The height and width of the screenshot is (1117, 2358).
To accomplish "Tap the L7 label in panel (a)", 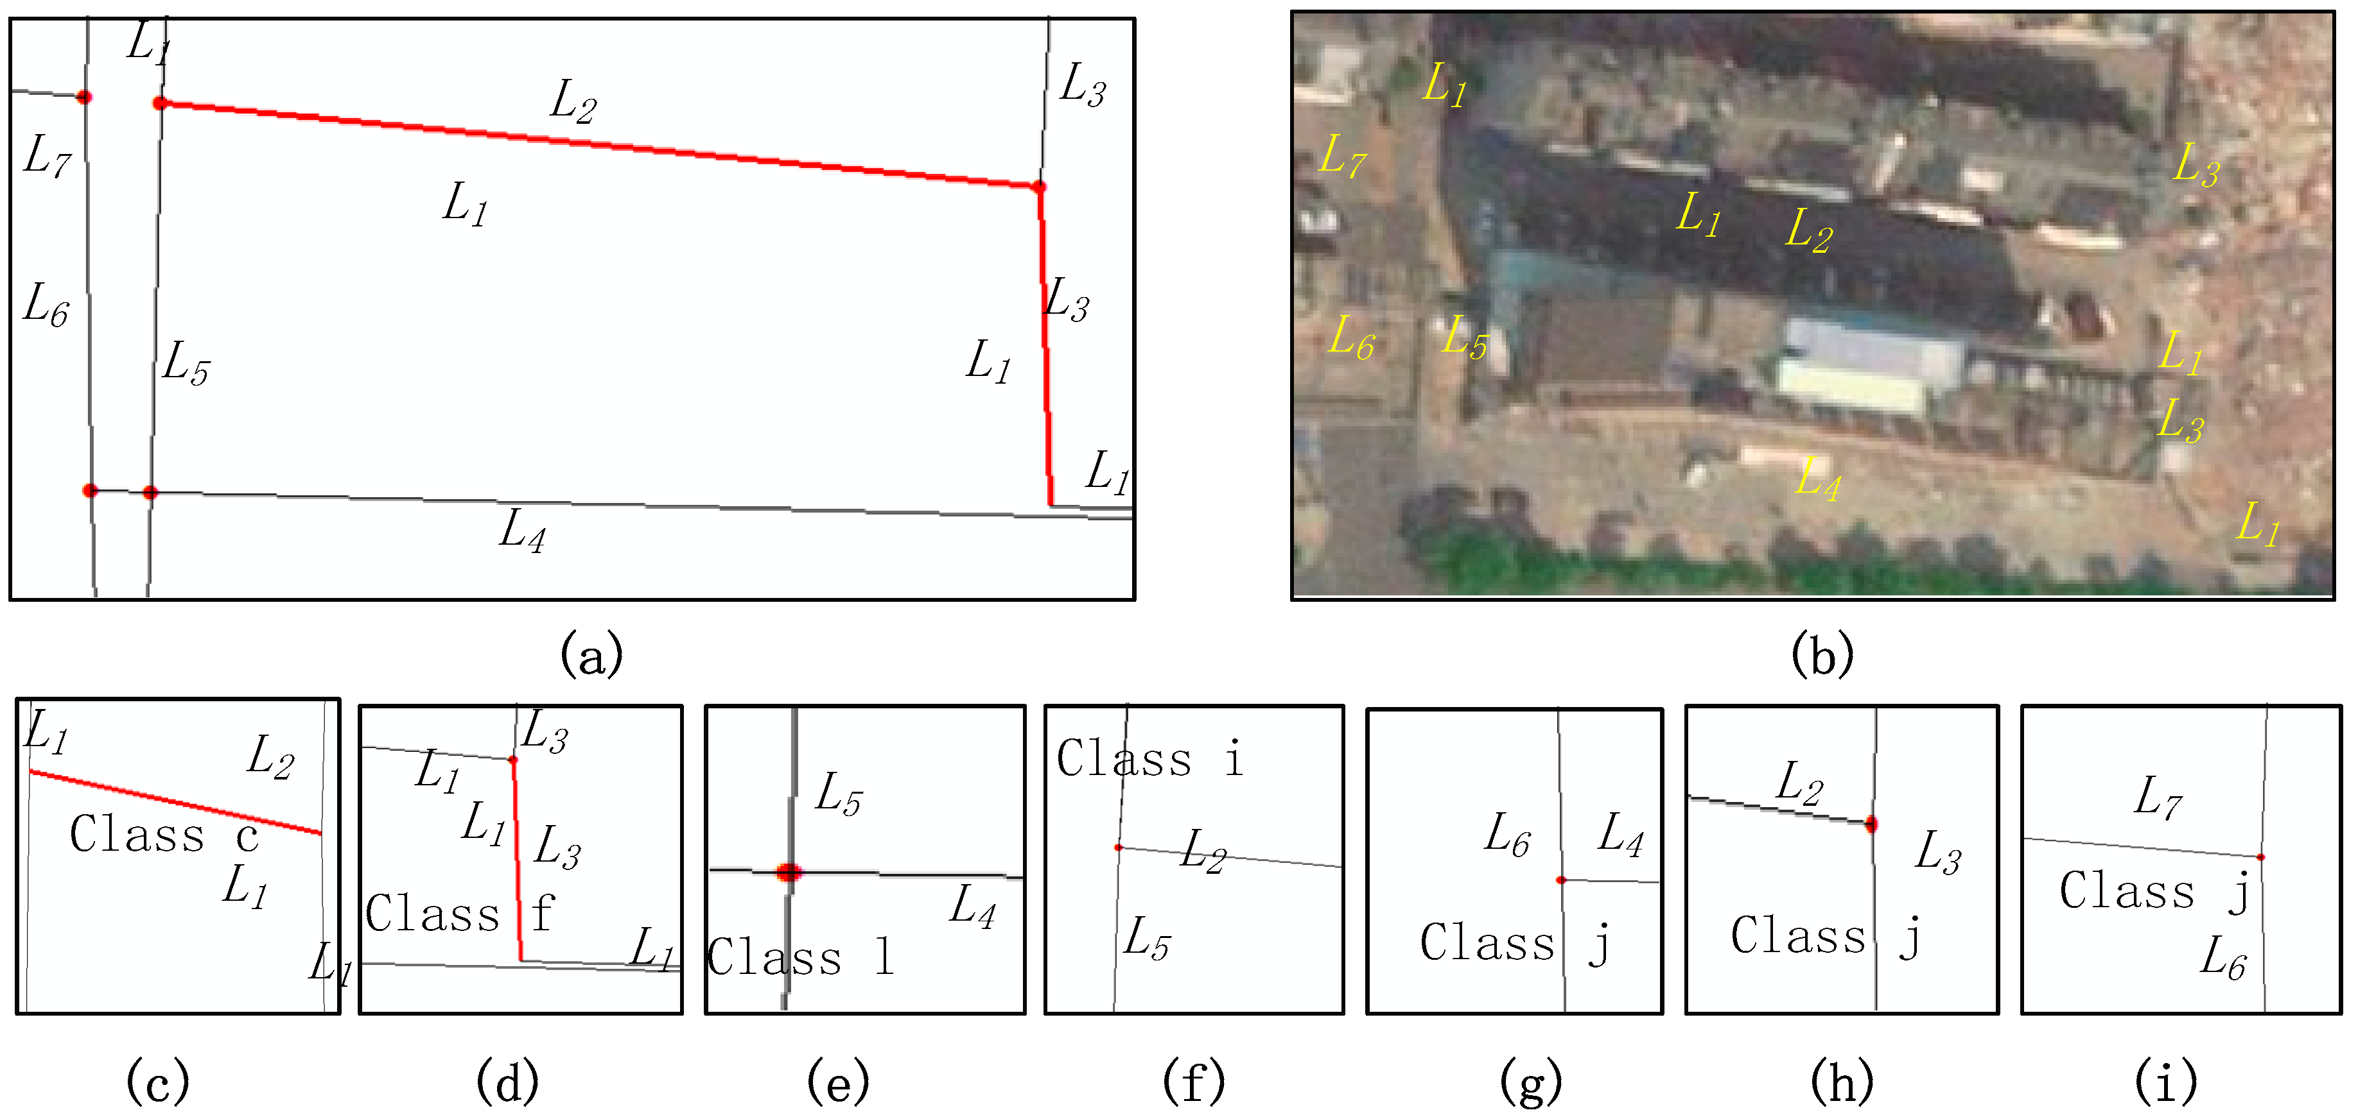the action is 47,157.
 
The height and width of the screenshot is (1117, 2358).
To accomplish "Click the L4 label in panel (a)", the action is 523,531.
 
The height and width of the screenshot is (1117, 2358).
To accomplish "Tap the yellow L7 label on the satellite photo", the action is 1342,157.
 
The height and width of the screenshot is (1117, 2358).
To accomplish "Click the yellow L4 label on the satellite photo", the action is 1818,479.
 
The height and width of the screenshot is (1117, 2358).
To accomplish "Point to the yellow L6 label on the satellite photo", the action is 1351,339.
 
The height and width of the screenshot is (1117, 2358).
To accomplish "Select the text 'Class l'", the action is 800,957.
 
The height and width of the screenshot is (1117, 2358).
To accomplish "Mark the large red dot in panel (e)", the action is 788,872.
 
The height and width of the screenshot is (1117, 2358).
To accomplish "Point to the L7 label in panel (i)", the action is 2158,797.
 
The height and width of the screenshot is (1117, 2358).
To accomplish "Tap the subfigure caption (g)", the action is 1530,1083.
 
